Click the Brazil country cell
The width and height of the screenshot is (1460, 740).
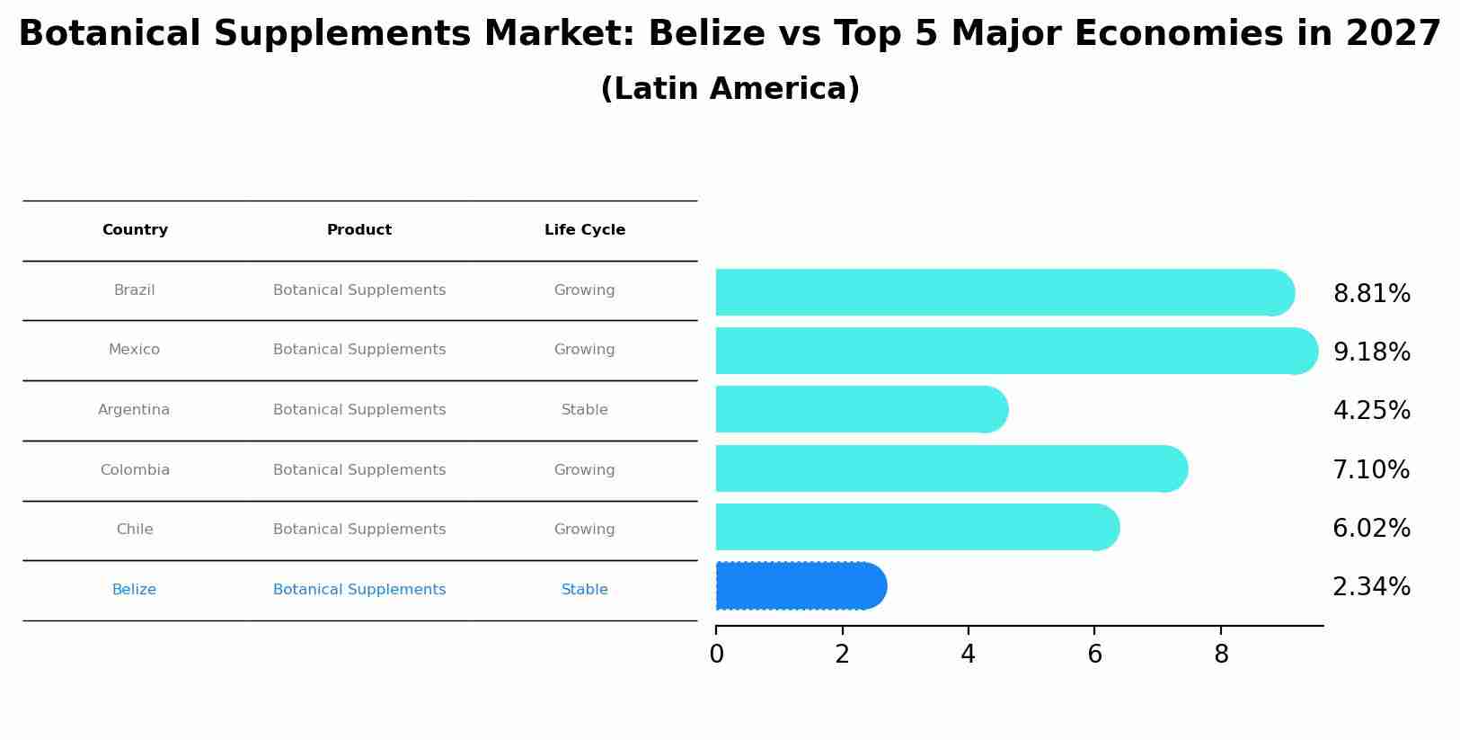[x=134, y=290]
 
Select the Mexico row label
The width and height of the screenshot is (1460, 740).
[x=134, y=350]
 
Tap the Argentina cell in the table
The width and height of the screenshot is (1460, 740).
[x=134, y=410]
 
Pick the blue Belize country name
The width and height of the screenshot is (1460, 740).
[x=134, y=590]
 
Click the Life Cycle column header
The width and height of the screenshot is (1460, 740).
[x=585, y=230]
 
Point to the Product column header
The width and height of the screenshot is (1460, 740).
[x=359, y=230]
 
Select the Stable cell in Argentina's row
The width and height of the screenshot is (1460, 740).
[x=585, y=410]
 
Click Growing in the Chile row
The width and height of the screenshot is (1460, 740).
[x=585, y=530]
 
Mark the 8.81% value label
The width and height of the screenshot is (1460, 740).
[x=1371, y=294]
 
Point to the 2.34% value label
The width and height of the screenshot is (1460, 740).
[x=1371, y=587]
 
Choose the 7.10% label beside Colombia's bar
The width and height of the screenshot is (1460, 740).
[x=1371, y=470]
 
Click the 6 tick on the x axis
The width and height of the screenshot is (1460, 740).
[x=1094, y=655]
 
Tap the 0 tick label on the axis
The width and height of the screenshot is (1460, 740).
[x=716, y=655]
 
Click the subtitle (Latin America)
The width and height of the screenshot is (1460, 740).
[x=730, y=89]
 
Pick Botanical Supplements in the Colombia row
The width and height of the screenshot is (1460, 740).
[x=359, y=470]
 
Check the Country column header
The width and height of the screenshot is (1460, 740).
[x=135, y=230]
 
